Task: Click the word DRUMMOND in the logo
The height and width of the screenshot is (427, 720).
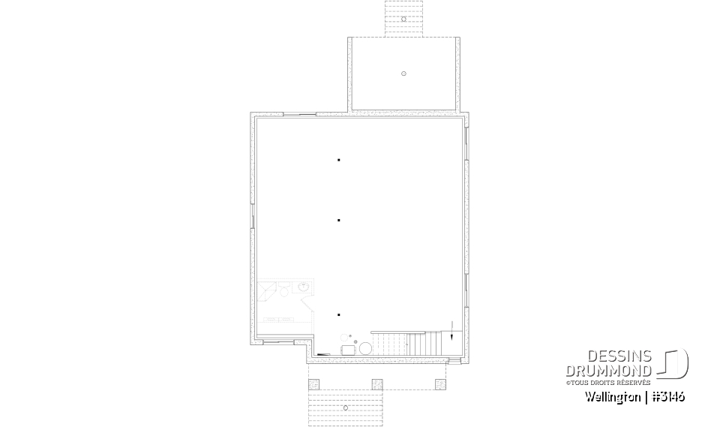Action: point(608,371)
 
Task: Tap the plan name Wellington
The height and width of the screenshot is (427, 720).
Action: point(610,397)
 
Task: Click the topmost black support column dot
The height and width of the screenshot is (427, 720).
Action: point(339,160)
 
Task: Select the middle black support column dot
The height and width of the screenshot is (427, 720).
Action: point(339,220)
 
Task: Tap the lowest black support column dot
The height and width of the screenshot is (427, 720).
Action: point(339,314)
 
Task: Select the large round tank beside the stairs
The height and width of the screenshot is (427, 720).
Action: point(365,349)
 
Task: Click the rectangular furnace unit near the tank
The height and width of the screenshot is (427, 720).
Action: point(348,350)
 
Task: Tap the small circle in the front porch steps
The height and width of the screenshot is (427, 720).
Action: point(345,407)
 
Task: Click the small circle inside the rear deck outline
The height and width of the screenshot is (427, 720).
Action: point(403,74)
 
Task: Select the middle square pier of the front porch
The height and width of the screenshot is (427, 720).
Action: point(377,383)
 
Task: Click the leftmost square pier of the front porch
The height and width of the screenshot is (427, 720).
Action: point(313,383)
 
